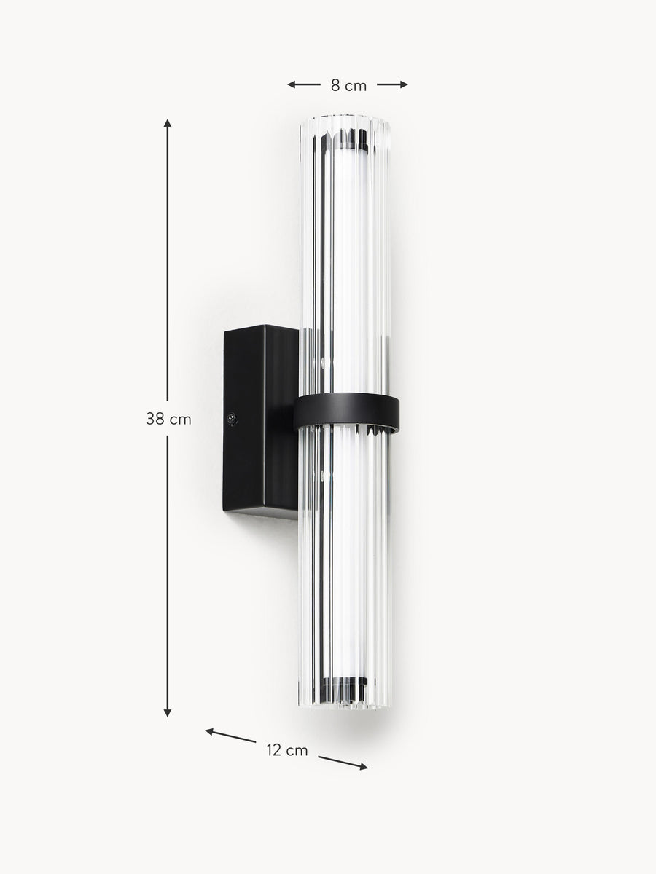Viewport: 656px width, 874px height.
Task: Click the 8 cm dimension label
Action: coord(348,86)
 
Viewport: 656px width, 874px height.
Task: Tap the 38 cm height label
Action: coord(168,420)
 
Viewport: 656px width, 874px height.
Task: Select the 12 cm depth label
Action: coord(287,751)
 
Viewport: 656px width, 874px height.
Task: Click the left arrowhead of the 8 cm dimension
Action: coord(291,84)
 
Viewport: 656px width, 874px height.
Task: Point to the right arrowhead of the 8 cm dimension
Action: coord(404,84)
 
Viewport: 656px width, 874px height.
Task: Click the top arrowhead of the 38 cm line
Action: coord(168,123)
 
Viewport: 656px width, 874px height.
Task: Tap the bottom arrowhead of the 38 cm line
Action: coord(168,713)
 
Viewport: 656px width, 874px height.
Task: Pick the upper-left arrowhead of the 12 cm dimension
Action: coord(209,732)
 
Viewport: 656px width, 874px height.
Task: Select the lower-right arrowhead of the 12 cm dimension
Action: coord(363,766)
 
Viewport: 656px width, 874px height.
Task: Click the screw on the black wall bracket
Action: coord(231,418)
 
